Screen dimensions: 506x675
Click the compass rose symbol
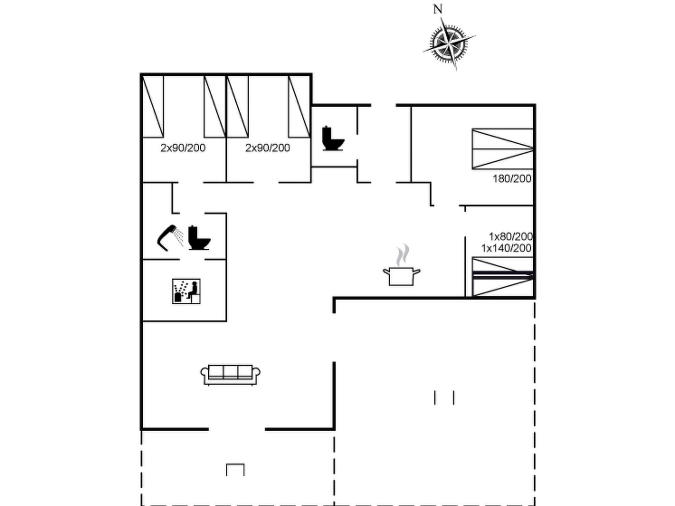[449, 44]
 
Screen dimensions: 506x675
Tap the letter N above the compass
[437, 10]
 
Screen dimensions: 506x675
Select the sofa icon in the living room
[230, 375]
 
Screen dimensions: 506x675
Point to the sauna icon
[186, 291]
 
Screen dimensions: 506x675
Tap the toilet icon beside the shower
[198, 238]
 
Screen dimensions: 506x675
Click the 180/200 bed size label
[512, 179]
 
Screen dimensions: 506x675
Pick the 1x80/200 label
[510, 237]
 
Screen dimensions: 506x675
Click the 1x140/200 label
[506, 248]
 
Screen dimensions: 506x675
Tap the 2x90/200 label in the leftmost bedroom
[183, 148]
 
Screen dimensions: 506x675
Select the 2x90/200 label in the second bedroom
[268, 148]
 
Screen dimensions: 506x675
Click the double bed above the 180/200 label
[503, 149]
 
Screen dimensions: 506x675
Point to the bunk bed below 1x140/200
[503, 277]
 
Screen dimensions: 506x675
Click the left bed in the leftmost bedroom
[153, 106]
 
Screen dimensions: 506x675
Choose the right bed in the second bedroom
[299, 106]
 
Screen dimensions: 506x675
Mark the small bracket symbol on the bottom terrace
[235, 469]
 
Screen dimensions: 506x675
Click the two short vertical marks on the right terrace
[444, 398]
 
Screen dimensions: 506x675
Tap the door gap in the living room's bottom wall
[237, 429]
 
